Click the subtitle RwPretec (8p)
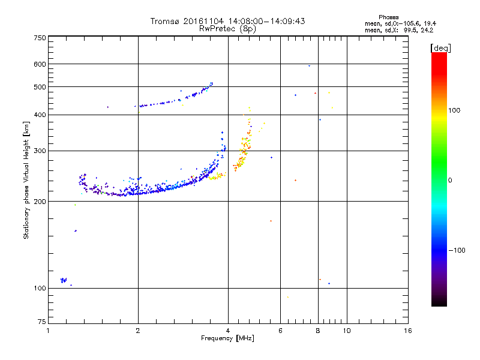pyautogui.click(x=228, y=28)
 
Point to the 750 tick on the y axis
pyautogui.click(x=40, y=38)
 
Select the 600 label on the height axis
pyautogui.click(x=40, y=64)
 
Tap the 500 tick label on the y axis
pyautogui.click(x=40, y=87)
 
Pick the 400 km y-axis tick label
pyautogui.click(x=40, y=115)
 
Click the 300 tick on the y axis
pyautogui.click(x=40, y=151)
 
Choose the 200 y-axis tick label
pyautogui.click(x=40, y=201)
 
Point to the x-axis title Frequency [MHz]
pyautogui.click(x=228, y=338)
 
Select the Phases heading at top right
pyautogui.click(x=389, y=17)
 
